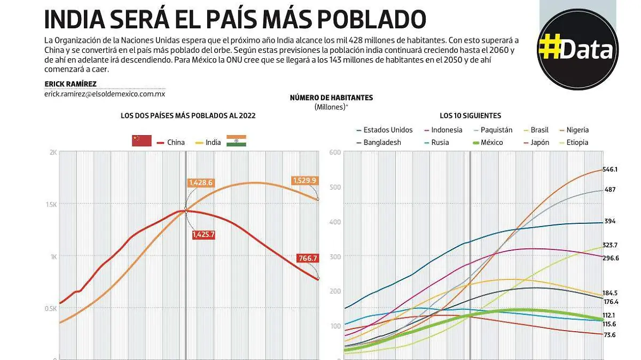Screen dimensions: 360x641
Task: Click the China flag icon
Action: (142, 141)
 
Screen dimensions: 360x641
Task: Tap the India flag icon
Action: (236, 141)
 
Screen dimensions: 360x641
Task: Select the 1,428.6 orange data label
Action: (200, 183)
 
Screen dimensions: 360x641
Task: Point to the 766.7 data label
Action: (308, 259)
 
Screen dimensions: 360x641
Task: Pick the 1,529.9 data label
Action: (304, 181)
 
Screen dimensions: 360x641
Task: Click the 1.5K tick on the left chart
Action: (51, 204)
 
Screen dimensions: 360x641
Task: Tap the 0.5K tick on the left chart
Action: (51, 308)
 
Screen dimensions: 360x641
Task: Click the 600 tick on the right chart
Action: (335, 152)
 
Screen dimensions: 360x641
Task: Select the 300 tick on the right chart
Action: (335, 256)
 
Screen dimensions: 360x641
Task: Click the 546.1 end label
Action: (609, 169)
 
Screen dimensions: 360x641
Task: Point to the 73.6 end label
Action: (609, 335)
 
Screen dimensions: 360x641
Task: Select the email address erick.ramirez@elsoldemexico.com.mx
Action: (105, 93)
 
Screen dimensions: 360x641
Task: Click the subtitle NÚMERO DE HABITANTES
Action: (331, 98)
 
